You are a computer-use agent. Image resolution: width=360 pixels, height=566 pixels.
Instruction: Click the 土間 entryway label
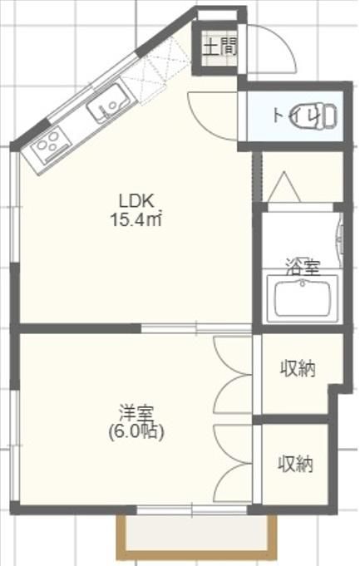coord(219,47)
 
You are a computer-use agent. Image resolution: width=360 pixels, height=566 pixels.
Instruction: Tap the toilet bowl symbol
coord(316,116)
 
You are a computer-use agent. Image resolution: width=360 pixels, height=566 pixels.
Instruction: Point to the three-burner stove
coord(51,145)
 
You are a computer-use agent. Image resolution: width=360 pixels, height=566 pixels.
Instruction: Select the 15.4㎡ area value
coord(136,219)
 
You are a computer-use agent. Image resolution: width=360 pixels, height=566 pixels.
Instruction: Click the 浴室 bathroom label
coord(303,267)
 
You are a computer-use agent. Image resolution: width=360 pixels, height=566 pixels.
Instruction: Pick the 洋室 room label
coord(136,414)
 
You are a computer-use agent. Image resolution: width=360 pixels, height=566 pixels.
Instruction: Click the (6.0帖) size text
coord(136,431)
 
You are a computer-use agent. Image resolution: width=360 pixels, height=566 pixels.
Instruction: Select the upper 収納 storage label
coord(298,369)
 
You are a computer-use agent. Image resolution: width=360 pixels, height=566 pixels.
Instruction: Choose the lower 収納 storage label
coord(295,465)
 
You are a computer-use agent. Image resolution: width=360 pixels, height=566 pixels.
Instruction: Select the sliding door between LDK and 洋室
coord(195,328)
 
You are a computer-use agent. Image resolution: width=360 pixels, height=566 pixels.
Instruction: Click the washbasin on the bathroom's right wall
coord(340,240)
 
